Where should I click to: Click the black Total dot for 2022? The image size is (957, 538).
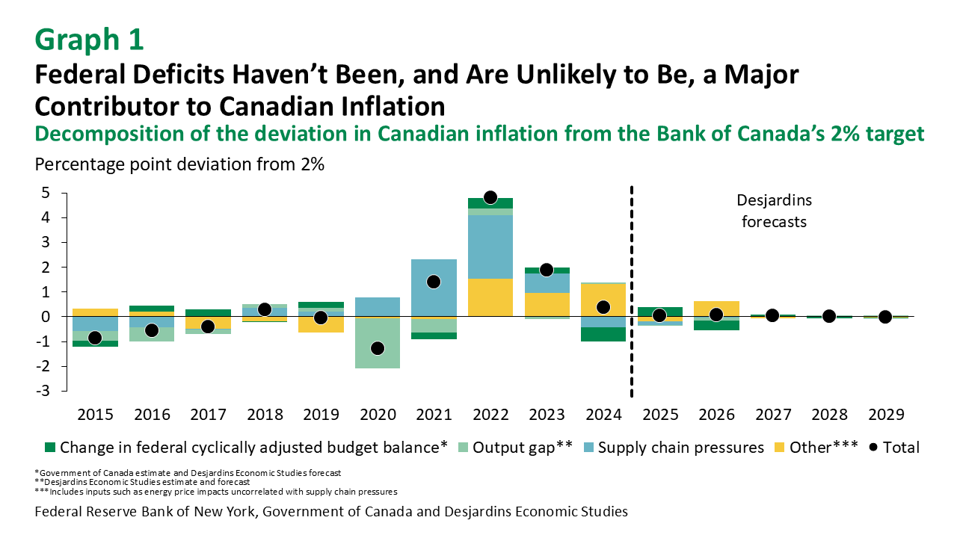point(490,197)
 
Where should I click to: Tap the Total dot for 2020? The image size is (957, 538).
point(378,348)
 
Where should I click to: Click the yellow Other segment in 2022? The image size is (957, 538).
point(490,297)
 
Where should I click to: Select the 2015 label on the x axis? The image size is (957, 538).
point(95,415)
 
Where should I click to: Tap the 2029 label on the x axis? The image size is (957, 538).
point(884,415)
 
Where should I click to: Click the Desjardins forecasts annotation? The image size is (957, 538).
point(774,211)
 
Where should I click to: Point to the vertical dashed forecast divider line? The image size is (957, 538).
point(633,291)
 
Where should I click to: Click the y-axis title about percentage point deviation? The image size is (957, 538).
point(179,164)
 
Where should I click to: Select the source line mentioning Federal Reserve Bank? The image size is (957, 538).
point(330,512)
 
